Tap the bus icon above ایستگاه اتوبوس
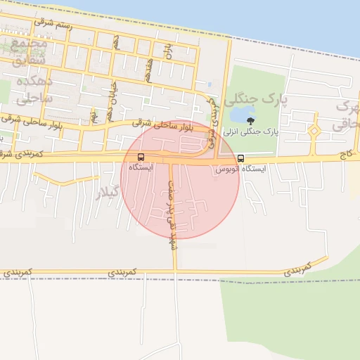pyautogui.click(x=241, y=157)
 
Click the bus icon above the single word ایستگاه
pyautogui.click(x=141, y=157)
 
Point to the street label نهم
pyautogui.click(x=92, y=113)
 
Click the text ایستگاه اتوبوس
pyautogui.click(x=243, y=169)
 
